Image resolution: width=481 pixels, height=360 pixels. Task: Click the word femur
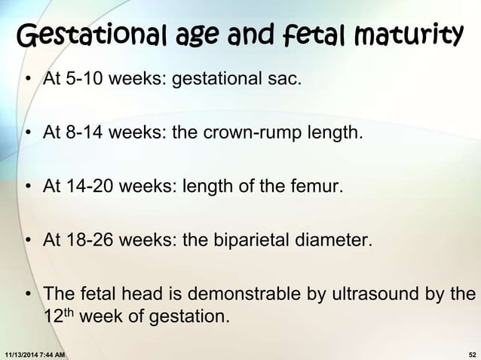coord(320,187)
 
